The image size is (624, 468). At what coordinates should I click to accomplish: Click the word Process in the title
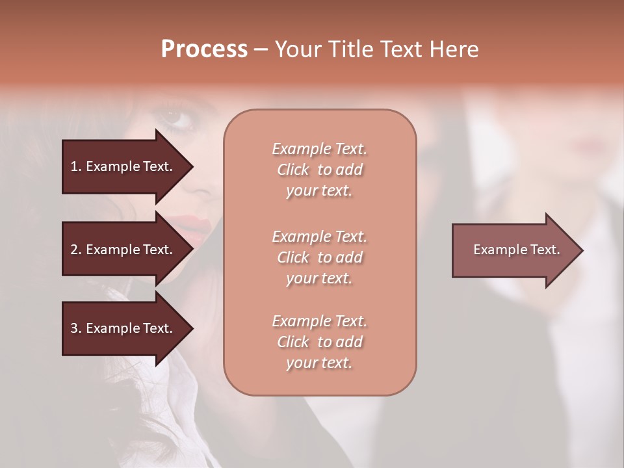click(204, 49)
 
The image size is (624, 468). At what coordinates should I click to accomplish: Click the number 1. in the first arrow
click(75, 166)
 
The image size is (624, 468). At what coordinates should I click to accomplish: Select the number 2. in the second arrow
click(75, 250)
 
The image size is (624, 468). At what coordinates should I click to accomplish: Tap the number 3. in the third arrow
click(75, 328)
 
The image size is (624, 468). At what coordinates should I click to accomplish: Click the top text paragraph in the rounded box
click(319, 170)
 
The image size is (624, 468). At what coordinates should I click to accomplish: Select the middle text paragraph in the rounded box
click(319, 257)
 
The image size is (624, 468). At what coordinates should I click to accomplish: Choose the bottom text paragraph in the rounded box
click(319, 342)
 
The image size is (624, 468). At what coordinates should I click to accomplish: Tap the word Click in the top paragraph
click(293, 170)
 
